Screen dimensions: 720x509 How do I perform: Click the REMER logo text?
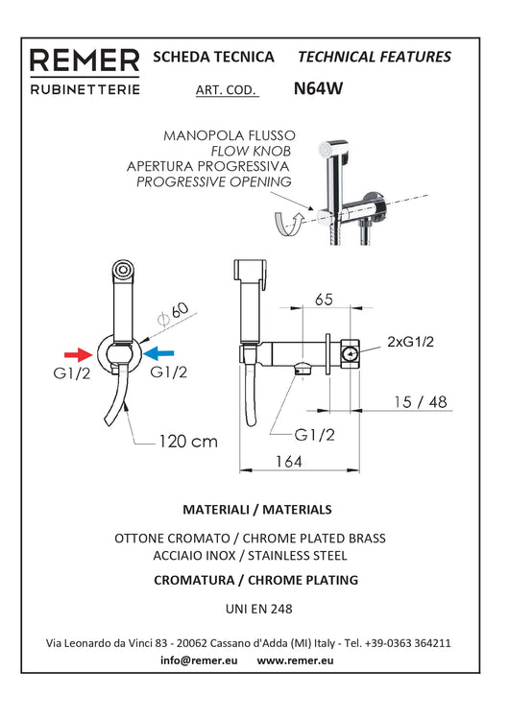click(85, 62)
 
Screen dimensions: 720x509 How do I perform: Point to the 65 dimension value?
click(324, 300)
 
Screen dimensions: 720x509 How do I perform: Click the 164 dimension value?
click(287, 462)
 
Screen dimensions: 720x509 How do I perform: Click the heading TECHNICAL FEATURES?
click(376, 57)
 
